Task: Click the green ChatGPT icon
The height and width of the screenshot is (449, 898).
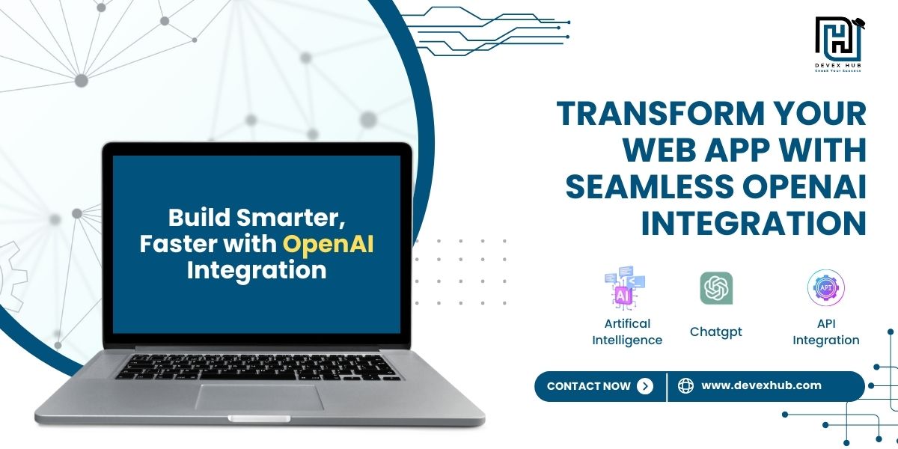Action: pos(716,288)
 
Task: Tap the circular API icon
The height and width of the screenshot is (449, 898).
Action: pos(826,288)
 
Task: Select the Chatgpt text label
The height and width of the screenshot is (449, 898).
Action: pos(716,332)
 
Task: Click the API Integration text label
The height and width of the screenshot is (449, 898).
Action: pos(826,332)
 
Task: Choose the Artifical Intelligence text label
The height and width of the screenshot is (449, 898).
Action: pos(627,332)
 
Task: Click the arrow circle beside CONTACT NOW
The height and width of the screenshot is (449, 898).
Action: pos(644,386)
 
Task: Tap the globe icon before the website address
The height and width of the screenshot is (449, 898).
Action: pos(685,386)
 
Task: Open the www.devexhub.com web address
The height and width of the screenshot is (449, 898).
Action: pos(761,386)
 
